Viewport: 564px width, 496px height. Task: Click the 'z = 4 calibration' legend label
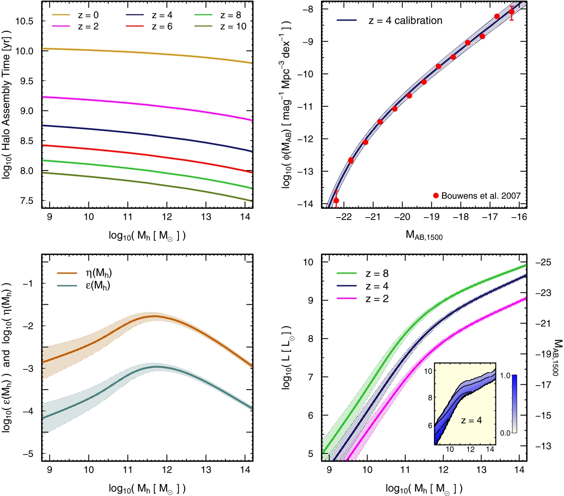click(405, 21)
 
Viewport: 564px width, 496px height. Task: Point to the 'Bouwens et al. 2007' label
click(481, 196)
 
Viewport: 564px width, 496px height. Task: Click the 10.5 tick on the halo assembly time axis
click(25, 21)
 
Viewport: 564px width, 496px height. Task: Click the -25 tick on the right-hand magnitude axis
click(543, 262)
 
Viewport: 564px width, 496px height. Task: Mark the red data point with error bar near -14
click(336, 201)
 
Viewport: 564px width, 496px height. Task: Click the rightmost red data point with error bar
click(512, 12)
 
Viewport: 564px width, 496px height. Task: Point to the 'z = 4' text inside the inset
click(471, 420)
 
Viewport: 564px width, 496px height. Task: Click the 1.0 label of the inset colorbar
click(505, 376)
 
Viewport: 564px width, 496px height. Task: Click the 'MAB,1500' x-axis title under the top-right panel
click(424, 235)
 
